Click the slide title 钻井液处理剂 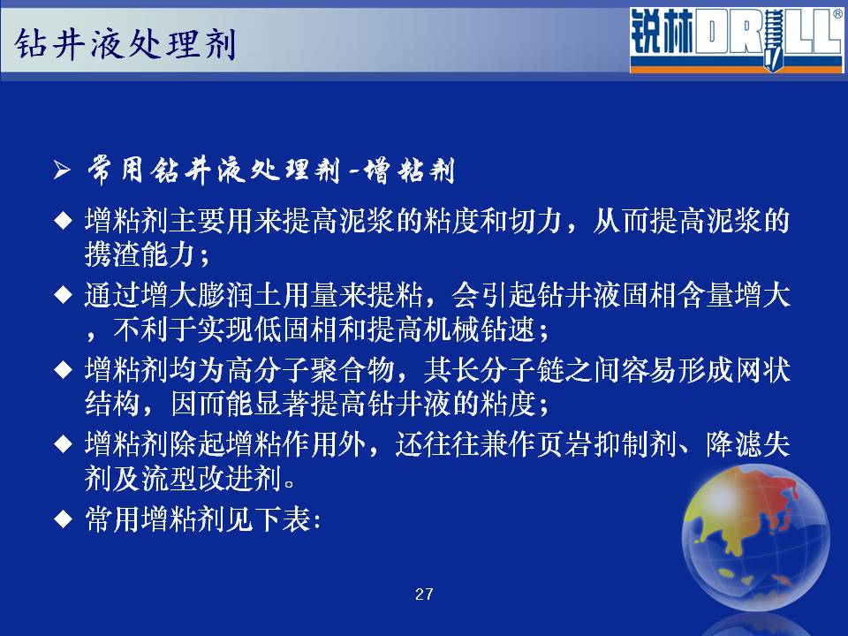tap(125, 43)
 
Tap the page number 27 tap(424, 594)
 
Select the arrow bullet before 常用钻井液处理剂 tap(62, 170)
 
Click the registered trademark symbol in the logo tap(837, 15)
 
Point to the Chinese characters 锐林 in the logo tap(662, 34)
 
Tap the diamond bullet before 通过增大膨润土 tap(64, 295)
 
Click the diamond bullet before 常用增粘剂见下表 tap(64, 519)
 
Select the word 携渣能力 tap(140, 254)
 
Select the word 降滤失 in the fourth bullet tap(748, 444)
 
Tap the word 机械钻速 tap(479, 329)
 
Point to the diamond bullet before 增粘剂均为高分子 tap(64, 370)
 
